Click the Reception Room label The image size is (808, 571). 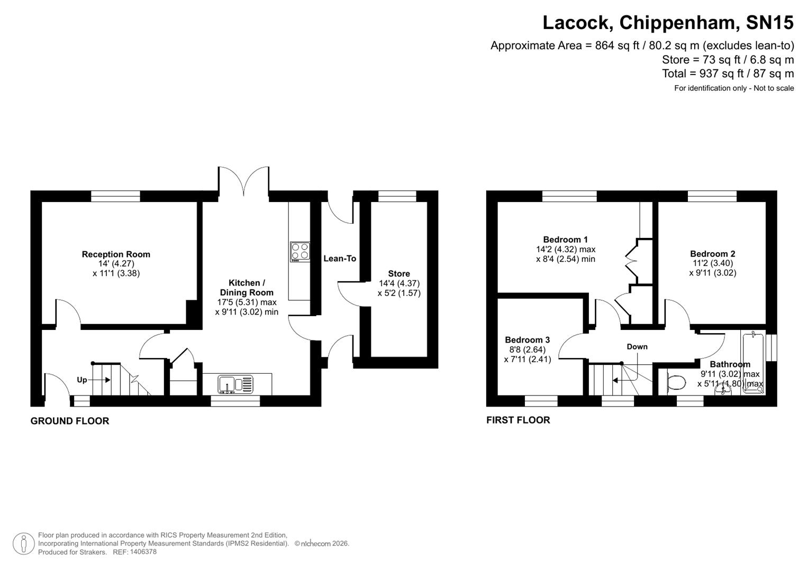[x=116, y=254]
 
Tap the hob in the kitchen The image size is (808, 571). [x=299, y=252]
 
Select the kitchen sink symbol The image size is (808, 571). [x=236, y=384]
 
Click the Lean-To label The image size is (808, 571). [x=340, y=259]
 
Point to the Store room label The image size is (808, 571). [x=398, y=273]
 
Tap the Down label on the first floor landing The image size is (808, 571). [x=637, y=347]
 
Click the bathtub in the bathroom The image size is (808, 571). [x=753, y=362]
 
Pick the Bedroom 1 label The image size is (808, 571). [x=565, y=240]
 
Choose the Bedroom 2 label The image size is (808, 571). [x=712, y=254]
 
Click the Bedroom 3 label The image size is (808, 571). [x=527, y=340]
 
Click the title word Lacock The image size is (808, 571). [x=577, y=23]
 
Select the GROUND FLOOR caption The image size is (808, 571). [x=70, y=421]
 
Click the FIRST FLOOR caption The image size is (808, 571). [x=518, y=420]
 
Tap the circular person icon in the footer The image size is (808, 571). [x=23, y=544]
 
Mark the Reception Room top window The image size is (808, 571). [x=115, y=196]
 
